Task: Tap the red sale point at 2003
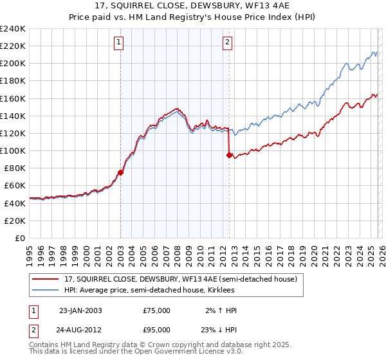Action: click(x=120, y=172)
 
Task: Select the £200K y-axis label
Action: click(x=13, y=63)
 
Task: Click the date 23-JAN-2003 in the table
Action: click(x=80, y=310)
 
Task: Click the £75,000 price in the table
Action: click(x=157, y=310)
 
